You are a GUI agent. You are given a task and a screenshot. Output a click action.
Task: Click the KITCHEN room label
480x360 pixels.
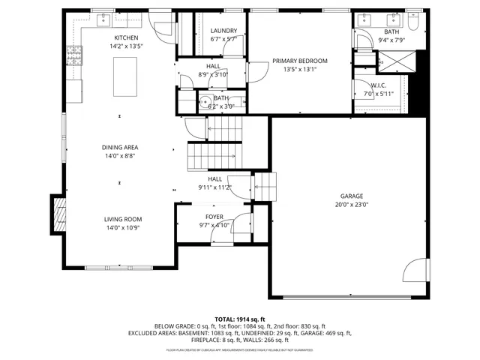click(126, 37)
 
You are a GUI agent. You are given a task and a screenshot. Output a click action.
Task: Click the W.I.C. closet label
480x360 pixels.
click(378, 85)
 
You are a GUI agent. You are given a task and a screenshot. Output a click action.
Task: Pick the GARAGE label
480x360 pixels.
click(351, 195)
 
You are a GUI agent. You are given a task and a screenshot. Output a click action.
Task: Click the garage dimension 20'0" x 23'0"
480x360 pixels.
click(351, 204)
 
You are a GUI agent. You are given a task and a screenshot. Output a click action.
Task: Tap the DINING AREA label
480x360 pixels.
click(120, 147)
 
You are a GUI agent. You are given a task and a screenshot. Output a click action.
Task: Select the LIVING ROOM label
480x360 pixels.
click(122, 219)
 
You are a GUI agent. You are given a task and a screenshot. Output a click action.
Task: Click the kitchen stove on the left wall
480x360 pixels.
click(73, 52)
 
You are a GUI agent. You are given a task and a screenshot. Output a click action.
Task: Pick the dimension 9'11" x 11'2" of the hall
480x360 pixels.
click(215, 187)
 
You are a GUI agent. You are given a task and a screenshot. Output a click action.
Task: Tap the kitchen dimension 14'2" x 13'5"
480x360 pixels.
click(126, 46)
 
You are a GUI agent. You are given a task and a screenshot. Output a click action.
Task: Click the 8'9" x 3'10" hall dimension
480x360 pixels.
click(213, 74)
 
